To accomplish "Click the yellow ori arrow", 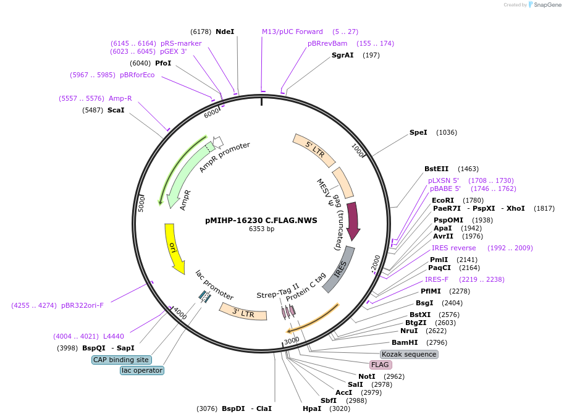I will point(174,247).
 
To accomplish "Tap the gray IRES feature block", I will point(340,269).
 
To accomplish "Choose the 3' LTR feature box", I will point(243,313).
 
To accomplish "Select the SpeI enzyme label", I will point(418,132).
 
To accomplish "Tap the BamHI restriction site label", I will point(405,342).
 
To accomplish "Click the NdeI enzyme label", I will point(225,32).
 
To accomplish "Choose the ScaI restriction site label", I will point(116,110).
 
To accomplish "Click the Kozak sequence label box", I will point(409,354).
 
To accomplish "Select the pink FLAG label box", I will point(380,365).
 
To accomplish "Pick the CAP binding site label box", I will point(121,360).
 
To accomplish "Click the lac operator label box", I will point(142,370).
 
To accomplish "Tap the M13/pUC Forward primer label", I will point(292,32).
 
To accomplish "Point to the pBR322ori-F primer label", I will point(82,305).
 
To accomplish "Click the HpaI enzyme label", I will point(311,408).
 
